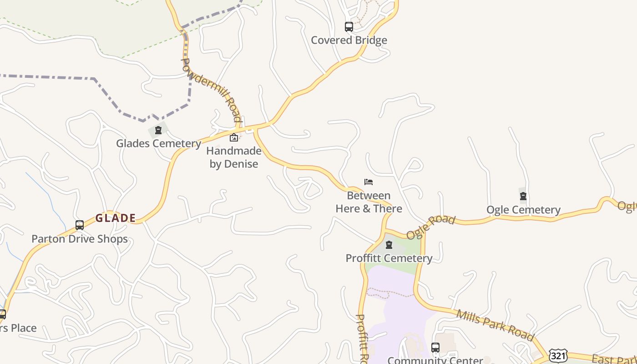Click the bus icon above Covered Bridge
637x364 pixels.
click(x=349, y=27)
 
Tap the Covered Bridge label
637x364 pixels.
click(x=349, y=40)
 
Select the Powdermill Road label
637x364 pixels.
click(x=211, y=90)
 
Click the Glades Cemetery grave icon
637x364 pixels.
click(x=158, y=131)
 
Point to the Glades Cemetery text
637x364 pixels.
click(x=158, y=144)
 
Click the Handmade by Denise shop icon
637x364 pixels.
click(x=234, y=137)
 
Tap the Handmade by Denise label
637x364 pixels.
click(x=234, y=157)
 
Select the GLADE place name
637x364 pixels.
click(x=116, y=218)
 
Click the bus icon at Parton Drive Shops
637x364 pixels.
click(x=80, y=225)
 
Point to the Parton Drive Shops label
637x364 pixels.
click(x=80, y=239)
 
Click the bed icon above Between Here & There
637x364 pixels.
click(x=369, y=182)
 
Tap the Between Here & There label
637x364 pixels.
click(x=369, y=202)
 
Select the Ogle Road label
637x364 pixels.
click(x=430, y=227)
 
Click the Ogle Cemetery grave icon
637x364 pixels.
click(x=523, y=197)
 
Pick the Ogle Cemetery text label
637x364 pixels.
click(x=523, y=210)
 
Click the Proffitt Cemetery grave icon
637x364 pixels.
click(x=389, y=245)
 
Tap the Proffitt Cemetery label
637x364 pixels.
click(x=389, y=258)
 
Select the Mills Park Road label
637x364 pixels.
click(x=495, y=325)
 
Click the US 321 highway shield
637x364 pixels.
click(x=558, y=355)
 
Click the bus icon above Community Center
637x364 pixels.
click(x=435, y=348)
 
